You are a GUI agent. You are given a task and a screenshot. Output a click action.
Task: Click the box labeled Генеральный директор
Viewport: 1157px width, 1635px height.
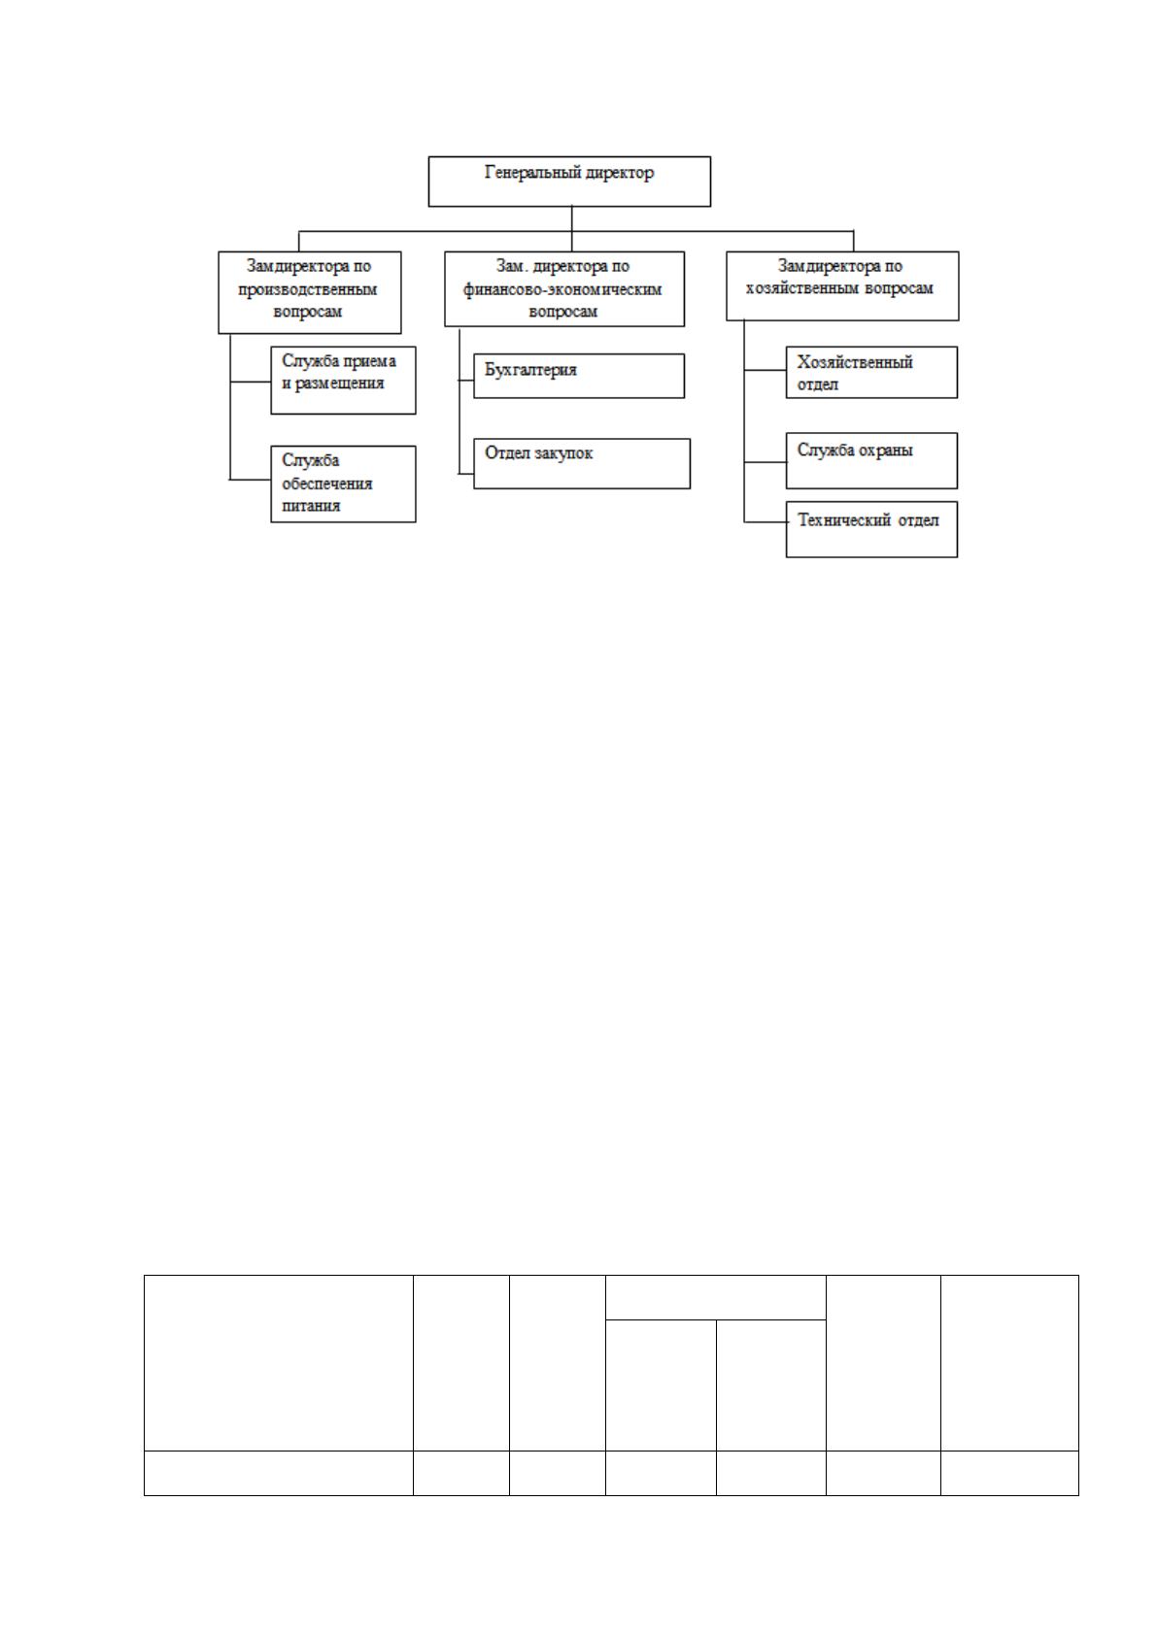(x=569, y=181)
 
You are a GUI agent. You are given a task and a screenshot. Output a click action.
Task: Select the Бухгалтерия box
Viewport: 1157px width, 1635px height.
(x=579, y=376)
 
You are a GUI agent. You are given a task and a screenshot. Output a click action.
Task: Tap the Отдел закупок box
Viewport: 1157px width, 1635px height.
(x=582, y=463)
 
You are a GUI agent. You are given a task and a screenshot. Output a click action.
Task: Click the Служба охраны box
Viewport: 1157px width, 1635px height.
(x=871, y=460)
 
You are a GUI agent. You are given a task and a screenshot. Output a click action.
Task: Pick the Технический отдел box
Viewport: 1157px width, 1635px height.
(x=871, y=529)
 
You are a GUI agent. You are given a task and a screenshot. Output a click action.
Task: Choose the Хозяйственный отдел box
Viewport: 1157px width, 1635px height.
(x=871, y=372)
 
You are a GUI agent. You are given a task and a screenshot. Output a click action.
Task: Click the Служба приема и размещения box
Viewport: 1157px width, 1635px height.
(x=343, y=381)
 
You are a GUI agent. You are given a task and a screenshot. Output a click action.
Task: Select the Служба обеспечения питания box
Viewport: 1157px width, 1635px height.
(x=343, y=484)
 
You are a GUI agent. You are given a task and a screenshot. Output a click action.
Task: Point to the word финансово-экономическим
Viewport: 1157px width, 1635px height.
(x=562, y=289)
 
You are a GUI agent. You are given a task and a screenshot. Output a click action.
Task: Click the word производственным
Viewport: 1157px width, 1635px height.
(x=308, y=289)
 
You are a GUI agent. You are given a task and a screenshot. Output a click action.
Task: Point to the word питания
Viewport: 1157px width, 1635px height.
(x=311, y=505)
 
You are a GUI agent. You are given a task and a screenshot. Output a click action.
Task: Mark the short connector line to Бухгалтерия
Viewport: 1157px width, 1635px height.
(x=466, y=381)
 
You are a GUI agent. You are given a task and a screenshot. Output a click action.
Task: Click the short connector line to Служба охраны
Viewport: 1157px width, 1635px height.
(x=765, y=462)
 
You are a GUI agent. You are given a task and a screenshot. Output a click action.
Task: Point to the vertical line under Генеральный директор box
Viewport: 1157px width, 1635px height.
(x=572, y=229)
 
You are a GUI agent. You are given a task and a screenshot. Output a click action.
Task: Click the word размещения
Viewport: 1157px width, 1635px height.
(x=339, y=384)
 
